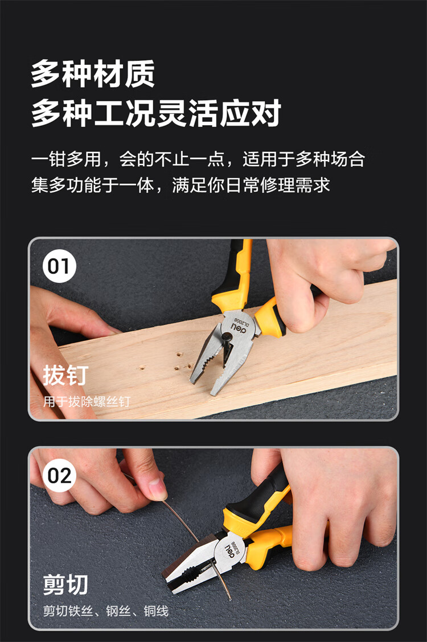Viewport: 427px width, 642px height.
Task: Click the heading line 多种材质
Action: pos(93,73)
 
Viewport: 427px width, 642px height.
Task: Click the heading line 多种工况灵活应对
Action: pos(156,113)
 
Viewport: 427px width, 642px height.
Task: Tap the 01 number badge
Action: pos(59,266)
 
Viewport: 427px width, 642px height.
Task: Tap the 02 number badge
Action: pos(59,475)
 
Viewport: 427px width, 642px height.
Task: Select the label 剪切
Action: pos(65,585)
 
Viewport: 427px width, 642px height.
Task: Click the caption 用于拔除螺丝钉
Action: pos(87,402)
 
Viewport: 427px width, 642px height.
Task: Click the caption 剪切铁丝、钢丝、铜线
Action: pos(106,611)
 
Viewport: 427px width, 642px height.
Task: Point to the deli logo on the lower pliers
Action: pos(230,551)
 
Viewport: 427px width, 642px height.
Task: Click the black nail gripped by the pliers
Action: pos(225,344)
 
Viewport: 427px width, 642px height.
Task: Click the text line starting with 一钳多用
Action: pos(198,159)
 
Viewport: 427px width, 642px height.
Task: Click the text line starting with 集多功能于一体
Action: pos(180,185)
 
